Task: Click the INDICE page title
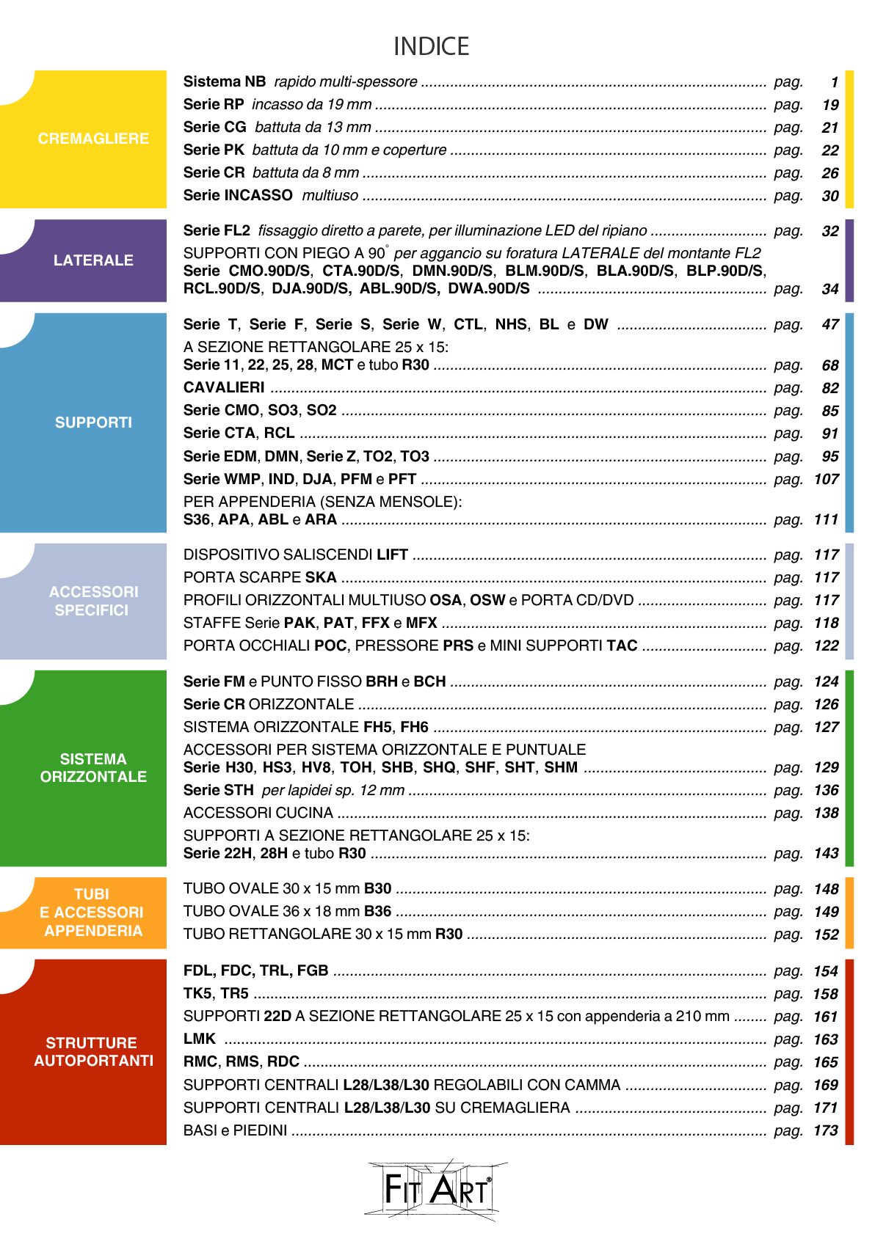(x=431, y=46)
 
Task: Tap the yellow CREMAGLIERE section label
(x=93, y=139)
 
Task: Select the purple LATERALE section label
(x=93, y=260)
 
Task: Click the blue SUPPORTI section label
(x=93, y=423)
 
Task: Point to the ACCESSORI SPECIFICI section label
(x=93, y=601)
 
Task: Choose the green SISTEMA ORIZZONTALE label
(x=93, y=767)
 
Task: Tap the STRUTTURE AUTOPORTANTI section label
(x=93, y=1052)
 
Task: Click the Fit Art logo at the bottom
(x=435, y=1190)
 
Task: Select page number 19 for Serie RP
(x=830, y=105)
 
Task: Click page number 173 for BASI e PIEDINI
(x=826, y=1130)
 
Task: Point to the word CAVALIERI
(x=224, y=387)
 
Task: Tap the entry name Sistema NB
(x=224, y=81)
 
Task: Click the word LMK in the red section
(x=199, y=1039)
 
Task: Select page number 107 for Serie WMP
(x=827, y=479)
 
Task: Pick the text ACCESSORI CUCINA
(x=258, y=813)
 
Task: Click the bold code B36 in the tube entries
(x=377, y=911)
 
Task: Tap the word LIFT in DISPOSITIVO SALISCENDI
(x=392, y=555)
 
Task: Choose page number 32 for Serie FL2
(x=830, y=231)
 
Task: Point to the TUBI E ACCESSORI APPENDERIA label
(x=93, y=913)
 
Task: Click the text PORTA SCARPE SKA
(x=259, y=577)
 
